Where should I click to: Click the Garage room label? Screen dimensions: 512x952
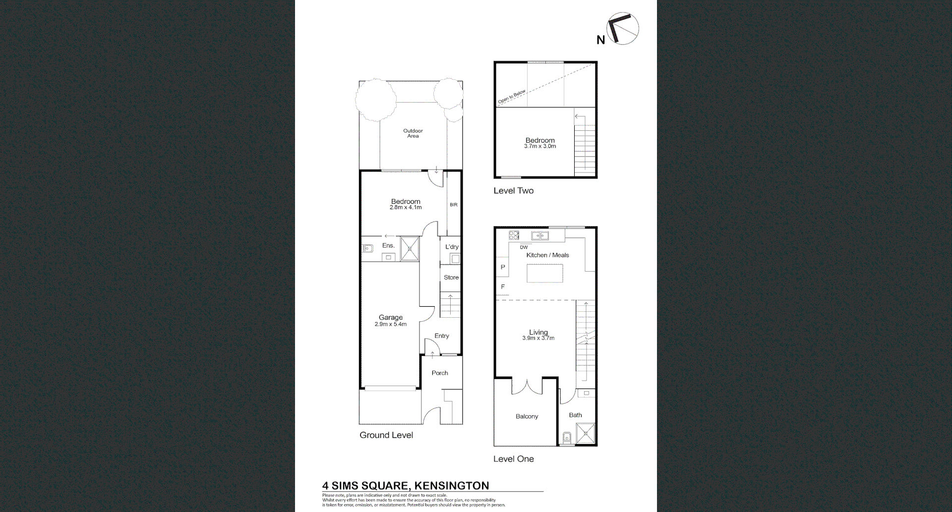tap(391, 318)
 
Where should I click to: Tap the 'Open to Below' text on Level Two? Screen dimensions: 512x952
tap(512, 97)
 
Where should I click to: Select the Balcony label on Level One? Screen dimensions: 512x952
tap(527, 416)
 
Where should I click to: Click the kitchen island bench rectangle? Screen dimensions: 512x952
tap(544, 273)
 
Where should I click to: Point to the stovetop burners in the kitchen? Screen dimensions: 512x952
tap(514, 235)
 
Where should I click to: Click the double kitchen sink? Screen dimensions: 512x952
tap(540, 236)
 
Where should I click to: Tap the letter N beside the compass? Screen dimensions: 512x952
tap(600, 40)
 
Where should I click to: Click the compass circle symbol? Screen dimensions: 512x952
tap(623, 28)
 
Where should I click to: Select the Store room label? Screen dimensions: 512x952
tap(451, 278)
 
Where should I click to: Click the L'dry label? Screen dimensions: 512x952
tap(452, 247)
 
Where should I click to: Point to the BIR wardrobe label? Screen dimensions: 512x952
tap(454, 205)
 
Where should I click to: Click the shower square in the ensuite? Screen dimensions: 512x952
tap(410, 249)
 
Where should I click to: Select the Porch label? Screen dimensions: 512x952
tap(440, 373)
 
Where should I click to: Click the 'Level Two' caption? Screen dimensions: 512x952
tap(513, 191)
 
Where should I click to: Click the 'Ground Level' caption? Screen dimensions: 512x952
tap(386, 435)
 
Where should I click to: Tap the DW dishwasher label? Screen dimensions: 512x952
tap(524, 247)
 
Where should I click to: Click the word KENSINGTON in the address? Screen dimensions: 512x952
tap(451, 486)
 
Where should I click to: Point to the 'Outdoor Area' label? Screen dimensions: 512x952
tap(413, 133)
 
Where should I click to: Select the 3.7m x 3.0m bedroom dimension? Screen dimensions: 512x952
tap(540, 147)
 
